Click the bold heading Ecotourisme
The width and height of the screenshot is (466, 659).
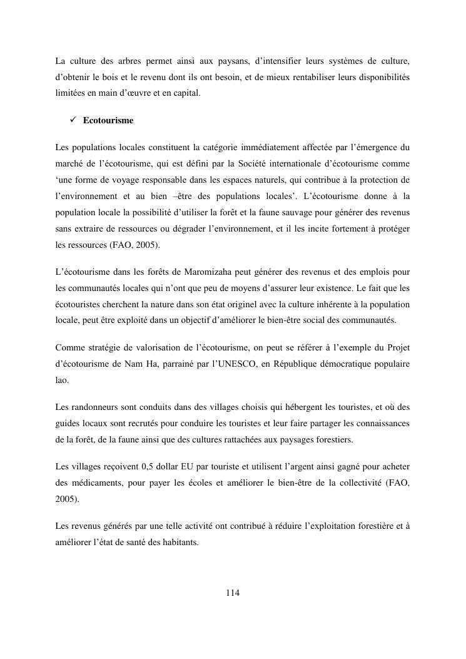point(108,120)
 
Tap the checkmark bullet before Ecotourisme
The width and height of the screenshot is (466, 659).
point(73,120)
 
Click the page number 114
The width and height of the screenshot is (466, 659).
point(233,593)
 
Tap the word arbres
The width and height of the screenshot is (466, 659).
point(128,61)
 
